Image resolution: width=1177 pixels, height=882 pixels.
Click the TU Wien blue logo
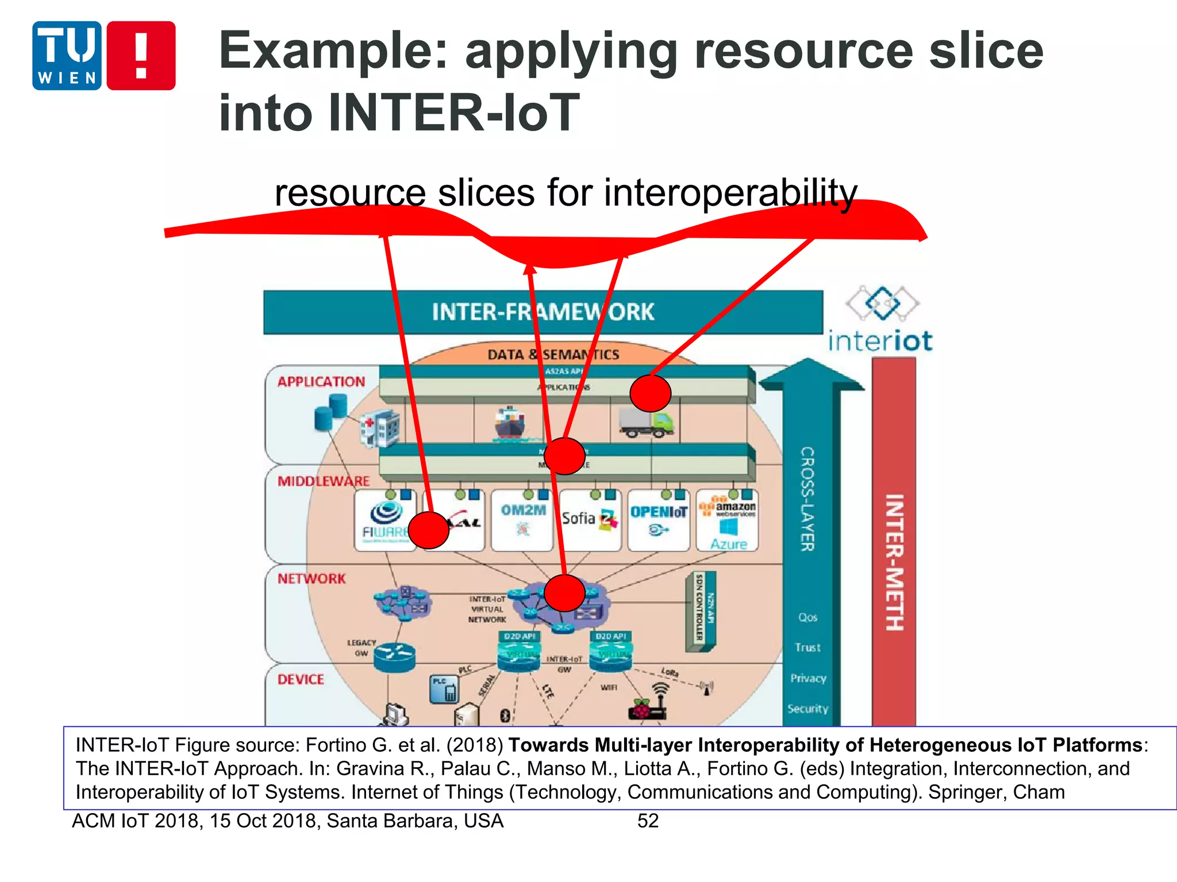point(67,56)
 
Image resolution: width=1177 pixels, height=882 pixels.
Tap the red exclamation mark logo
point(141,56)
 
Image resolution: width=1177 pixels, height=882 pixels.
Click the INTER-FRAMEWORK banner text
point(543,312)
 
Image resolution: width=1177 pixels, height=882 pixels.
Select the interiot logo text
point(880,341)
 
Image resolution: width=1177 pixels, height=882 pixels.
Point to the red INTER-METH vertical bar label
point(894,563)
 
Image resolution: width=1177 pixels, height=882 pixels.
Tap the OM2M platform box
point(522,520)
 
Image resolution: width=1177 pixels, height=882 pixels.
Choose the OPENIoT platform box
point(659,520)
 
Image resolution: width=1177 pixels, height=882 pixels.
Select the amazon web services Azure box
point(728,520)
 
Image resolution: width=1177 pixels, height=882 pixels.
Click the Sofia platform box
point(590,520)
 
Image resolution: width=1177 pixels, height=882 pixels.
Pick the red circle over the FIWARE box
point(428,530)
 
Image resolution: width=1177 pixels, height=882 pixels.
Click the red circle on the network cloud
point(564,593)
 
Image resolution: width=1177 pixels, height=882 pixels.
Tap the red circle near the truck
point(650,393)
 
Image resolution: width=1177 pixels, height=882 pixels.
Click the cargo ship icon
point(510,424)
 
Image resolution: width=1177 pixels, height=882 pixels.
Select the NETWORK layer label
point(311,579)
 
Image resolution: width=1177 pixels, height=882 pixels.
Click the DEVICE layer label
point(301,680)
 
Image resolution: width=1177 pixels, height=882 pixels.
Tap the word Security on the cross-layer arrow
point(807,709)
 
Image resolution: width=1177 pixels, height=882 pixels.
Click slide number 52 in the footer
point(648,821)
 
